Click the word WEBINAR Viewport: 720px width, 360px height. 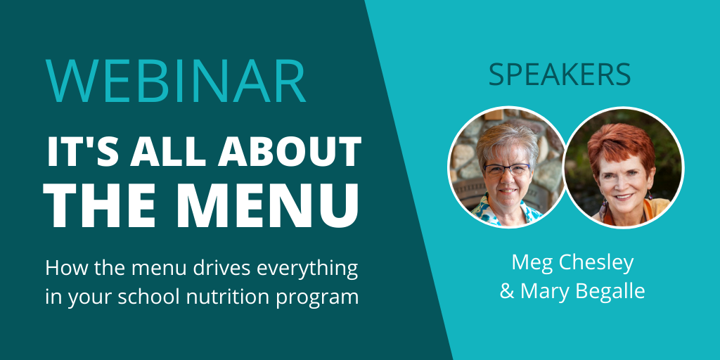[175, 81]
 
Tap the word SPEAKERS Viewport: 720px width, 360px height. [559, 74]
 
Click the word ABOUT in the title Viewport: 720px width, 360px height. [289, 151]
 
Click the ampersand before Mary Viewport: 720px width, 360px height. [507, 291]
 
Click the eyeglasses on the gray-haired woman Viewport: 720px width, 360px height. [507, 169]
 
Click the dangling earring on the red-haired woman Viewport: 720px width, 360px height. [602, 209]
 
